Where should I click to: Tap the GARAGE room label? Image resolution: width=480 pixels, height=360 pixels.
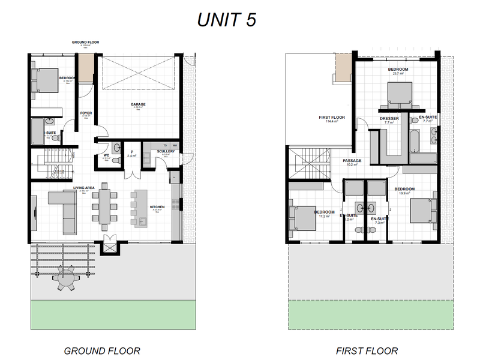tap(138, 104)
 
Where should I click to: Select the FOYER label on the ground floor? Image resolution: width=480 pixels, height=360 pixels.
tap(86, 113)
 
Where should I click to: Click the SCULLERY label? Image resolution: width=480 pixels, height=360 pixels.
tap(166, 151)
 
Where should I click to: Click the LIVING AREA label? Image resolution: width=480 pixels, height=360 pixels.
tap(84, 188)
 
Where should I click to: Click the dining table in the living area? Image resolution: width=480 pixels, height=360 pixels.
tap(106, 207)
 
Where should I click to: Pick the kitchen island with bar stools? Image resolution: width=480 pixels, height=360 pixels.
tap(141, 208)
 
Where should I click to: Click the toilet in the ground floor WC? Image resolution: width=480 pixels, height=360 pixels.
tap(115, 147)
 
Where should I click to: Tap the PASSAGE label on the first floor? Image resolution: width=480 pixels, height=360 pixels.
tap(352, 160)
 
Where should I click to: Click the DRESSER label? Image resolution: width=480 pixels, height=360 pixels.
tap(389, 118)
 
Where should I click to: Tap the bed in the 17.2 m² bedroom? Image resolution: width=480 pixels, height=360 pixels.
tap(304, 218)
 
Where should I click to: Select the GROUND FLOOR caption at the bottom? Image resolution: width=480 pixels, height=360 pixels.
tap(102, 351)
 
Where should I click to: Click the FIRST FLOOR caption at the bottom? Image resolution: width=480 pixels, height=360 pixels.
tap(367, 351)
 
